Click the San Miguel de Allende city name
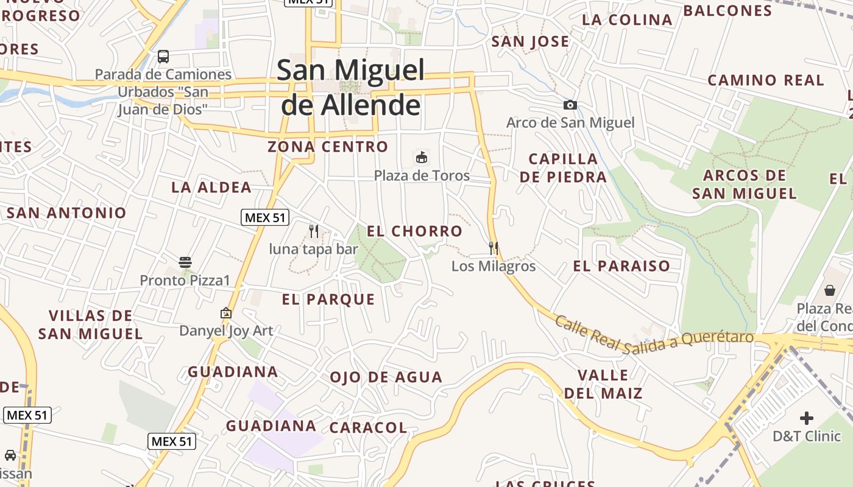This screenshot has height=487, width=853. coord(350,88)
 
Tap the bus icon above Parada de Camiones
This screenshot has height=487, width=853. coord(163,57)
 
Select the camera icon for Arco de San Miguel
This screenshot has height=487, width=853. coord(570,105)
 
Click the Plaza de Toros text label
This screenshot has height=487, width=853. coord(422,176)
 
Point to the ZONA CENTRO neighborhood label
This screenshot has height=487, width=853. coord(328,147)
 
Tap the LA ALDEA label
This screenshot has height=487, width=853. coord(211,187)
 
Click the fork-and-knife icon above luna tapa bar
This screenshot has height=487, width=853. coord(314,231)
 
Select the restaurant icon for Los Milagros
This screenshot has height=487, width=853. coord(494,248)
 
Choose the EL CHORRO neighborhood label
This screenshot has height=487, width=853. coord(414,231)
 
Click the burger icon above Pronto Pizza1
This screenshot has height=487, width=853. coord(185,262)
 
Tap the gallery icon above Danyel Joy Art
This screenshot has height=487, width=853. coord(226,313)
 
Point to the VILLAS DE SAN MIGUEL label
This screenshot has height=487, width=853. coord(90,324)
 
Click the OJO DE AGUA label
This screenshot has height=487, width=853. coord(386,377)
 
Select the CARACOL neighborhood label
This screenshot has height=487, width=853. coord(368,428)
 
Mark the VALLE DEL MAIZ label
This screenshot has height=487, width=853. coord(603,384)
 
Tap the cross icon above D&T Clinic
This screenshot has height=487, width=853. coord(807,418)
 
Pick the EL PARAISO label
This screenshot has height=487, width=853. coord(621,266)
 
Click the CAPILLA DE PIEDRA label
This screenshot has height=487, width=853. coord(564,168)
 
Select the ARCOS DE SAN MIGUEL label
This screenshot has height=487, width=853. coord(745,184)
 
